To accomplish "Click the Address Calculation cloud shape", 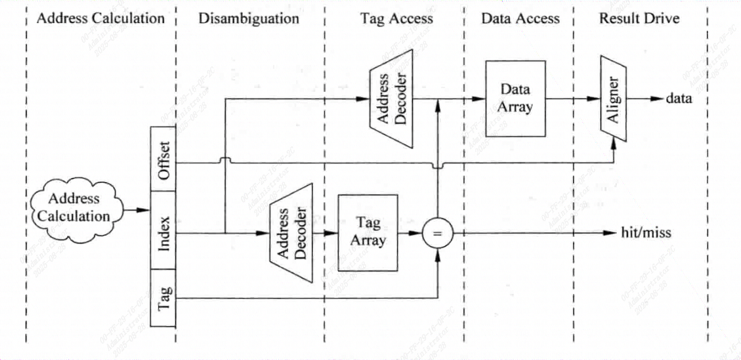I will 75,208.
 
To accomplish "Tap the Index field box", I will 163,230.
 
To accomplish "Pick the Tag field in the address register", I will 163,298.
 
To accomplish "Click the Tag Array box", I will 367,233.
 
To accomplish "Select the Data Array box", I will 516,99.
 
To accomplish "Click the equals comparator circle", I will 438,233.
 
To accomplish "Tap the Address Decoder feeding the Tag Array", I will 291,233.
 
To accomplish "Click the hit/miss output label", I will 646,233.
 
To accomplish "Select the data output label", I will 679,99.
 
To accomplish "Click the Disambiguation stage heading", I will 248,19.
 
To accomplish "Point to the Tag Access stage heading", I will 396,19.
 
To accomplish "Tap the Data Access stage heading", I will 520,19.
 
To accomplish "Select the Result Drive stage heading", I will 639,19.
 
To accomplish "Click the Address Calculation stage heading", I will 101,19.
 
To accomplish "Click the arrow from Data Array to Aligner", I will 574,99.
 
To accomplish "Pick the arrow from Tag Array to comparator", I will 410,233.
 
